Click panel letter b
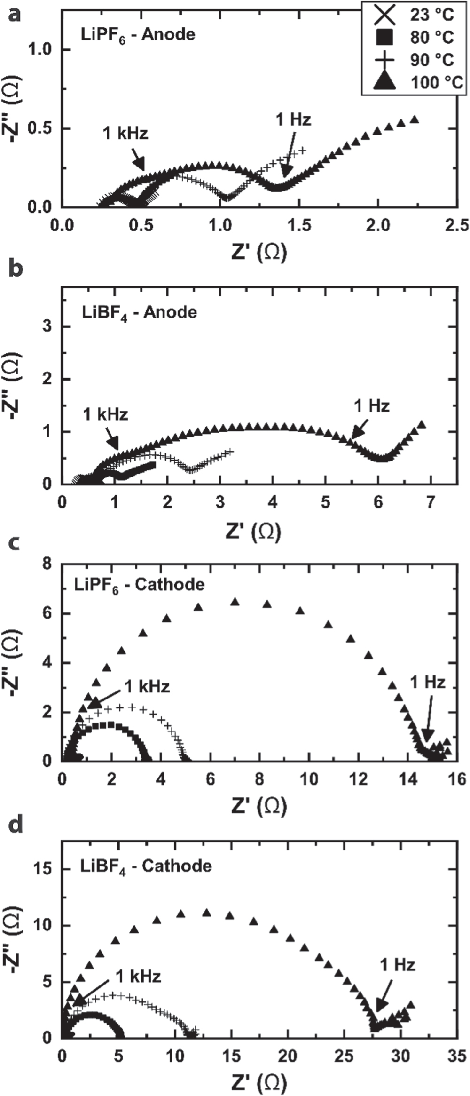point(16,271)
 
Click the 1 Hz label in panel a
point(293,119)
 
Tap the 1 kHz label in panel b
point(105,415)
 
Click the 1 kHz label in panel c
point(147,686)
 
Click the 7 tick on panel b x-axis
point(431,502)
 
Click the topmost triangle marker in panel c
point(235,602)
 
